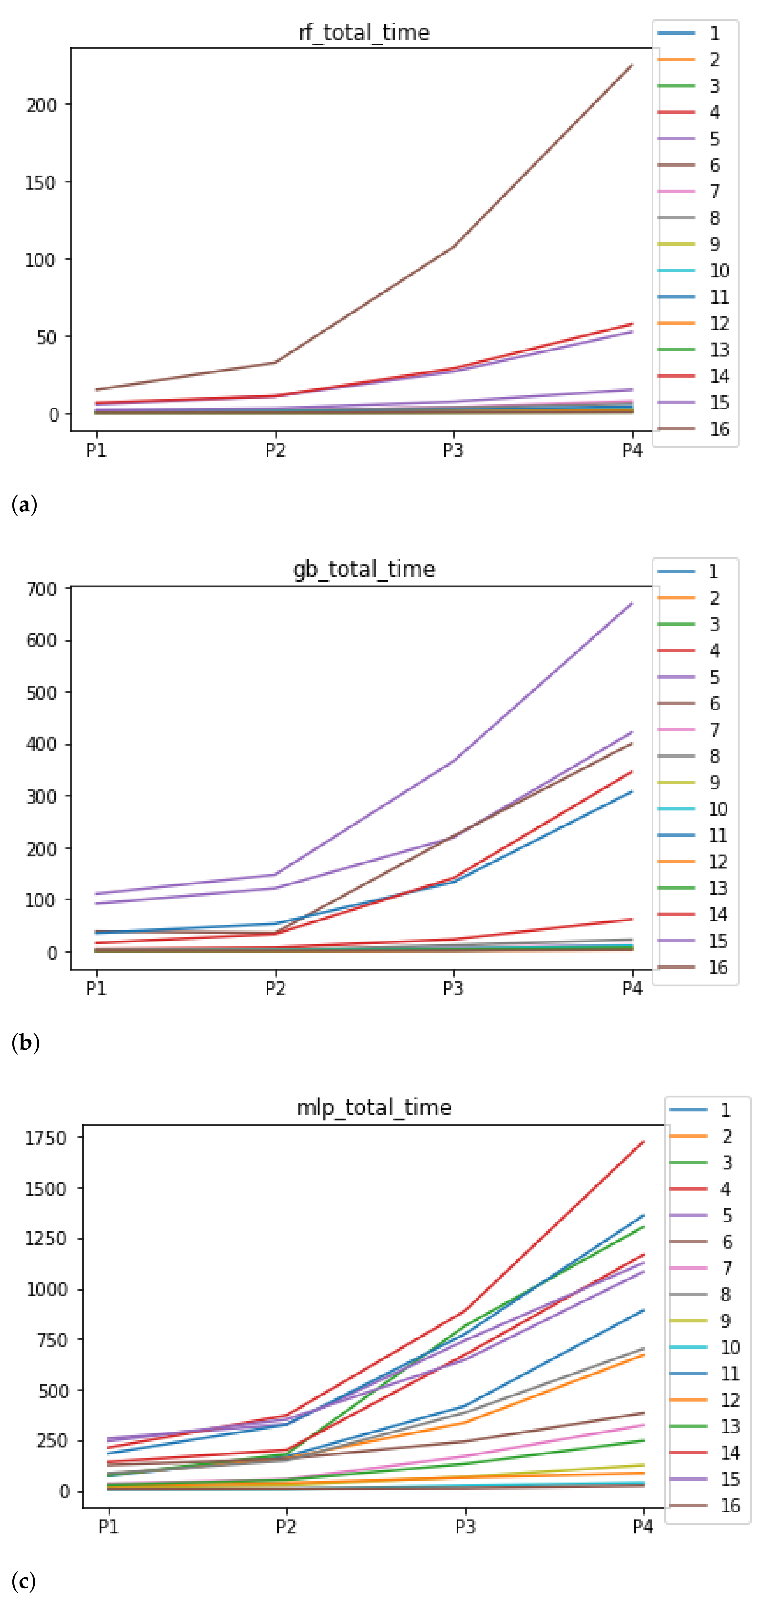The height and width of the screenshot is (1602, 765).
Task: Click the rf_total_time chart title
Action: click(364, 32)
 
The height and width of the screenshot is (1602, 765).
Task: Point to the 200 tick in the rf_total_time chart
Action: click(41, 105)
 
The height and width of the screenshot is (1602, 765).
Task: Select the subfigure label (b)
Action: click(25, 1042)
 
